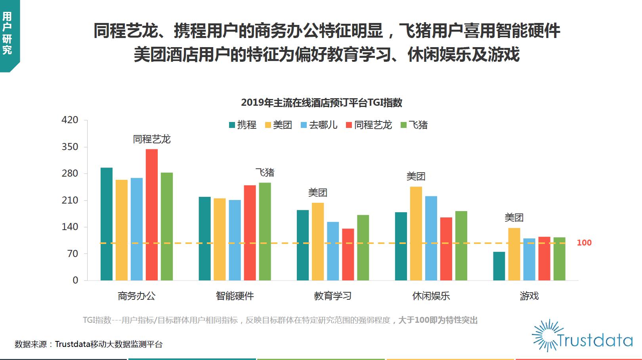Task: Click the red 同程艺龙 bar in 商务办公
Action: click(x=151, y=214)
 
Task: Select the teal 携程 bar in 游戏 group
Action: click(x=499, y=266)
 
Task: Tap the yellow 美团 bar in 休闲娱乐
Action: click(x=416, y=233)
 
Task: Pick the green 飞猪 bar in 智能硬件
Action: click(x=265, y=231)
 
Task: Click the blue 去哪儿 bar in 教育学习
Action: click(x=333, y=251)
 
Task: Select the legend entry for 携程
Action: click(x=243, y=125)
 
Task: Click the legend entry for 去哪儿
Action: click(x=319, y=125)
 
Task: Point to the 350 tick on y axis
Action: click(x=70, y=147)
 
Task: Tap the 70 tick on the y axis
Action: click(x=73, y=253)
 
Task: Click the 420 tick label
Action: click(x=70, y=120)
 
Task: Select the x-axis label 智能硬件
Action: click(x=235, y=296)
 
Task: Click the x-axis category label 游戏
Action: click(x=529, y=296)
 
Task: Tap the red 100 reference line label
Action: click(x=584, y=243)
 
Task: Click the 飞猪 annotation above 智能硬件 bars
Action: click(x=265, y=172)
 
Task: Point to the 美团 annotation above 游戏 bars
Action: click(x=514, y=217)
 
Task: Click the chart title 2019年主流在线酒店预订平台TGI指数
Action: click(x=321, y=103)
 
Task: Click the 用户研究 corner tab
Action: click(x=8, y=34)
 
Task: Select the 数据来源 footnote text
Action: click(x=88, y=344)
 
